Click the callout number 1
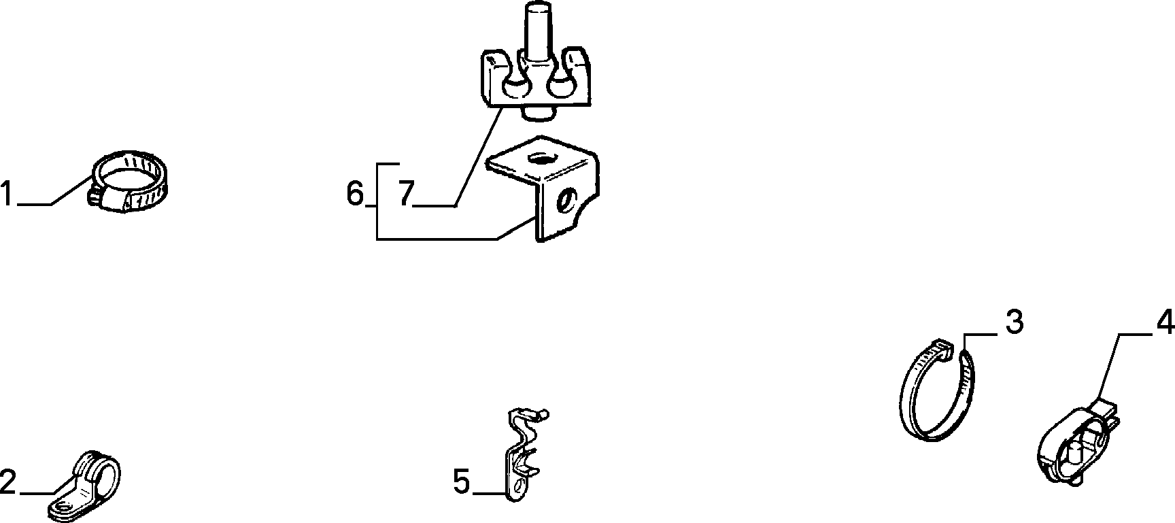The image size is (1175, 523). (7, 193)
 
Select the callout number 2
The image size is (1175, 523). (7, 482)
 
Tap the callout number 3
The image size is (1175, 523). (1014, 322)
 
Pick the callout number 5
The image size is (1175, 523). (461, 482)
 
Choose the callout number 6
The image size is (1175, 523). (355, 194)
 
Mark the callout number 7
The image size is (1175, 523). (405, 194)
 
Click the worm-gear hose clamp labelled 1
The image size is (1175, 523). (129, 182)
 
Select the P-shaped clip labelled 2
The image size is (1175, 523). (85, 484)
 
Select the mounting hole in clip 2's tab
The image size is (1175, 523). (63, 506)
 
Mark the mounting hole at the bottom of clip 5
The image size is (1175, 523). (520, 486)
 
